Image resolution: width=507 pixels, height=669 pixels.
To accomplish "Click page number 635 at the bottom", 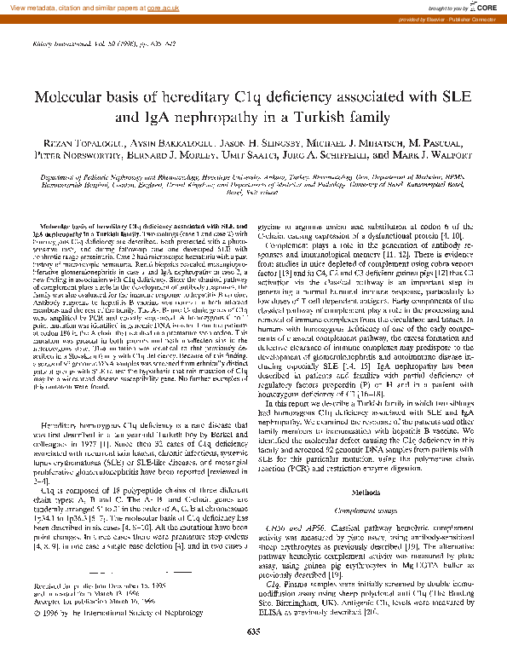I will pyautogui.click(x=253, y=655).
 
